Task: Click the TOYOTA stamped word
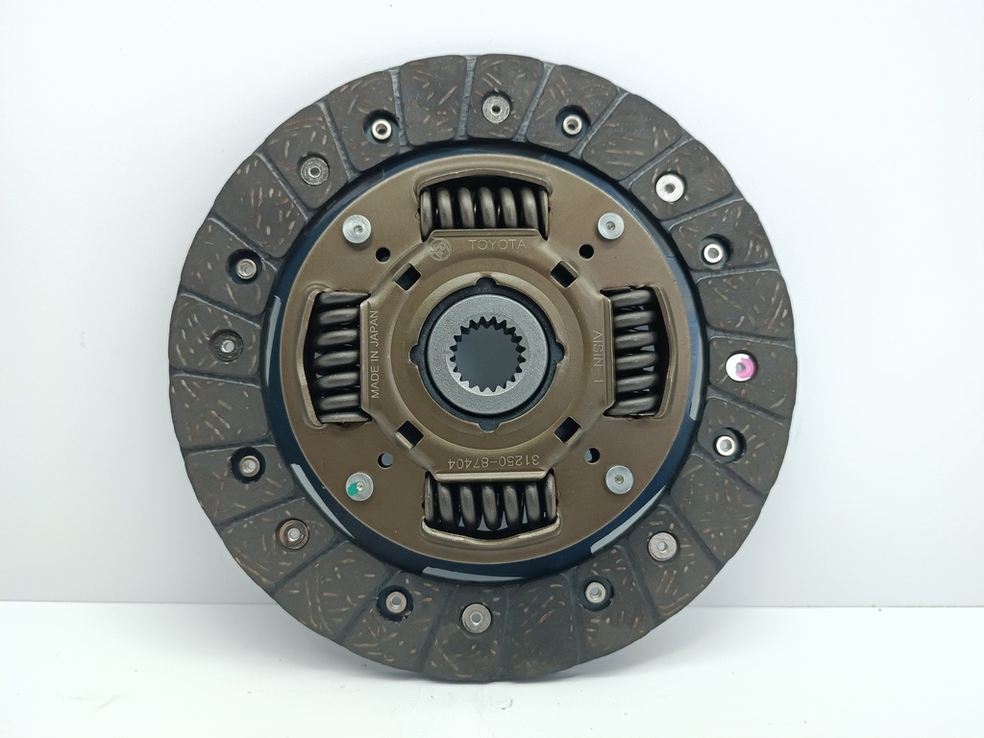498,245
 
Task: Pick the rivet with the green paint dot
358,485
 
